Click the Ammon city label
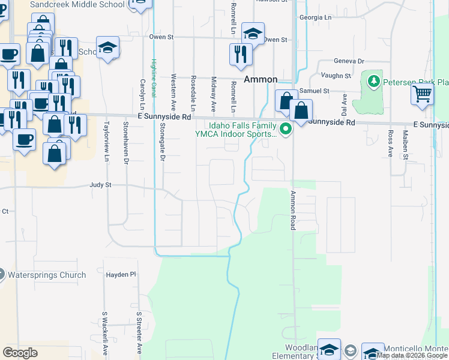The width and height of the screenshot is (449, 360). click(261, 79)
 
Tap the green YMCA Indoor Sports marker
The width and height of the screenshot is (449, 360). click(286, 128)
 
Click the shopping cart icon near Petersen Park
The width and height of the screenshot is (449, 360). click(422, 94)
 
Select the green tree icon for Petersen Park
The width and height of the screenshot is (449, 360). click(373, 80)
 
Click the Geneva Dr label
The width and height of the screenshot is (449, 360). click(349, 61)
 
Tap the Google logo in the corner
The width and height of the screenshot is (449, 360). click(20, 352)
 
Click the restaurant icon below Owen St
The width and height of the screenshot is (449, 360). click(240, 54)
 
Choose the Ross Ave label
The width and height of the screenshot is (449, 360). click(390, 144)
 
